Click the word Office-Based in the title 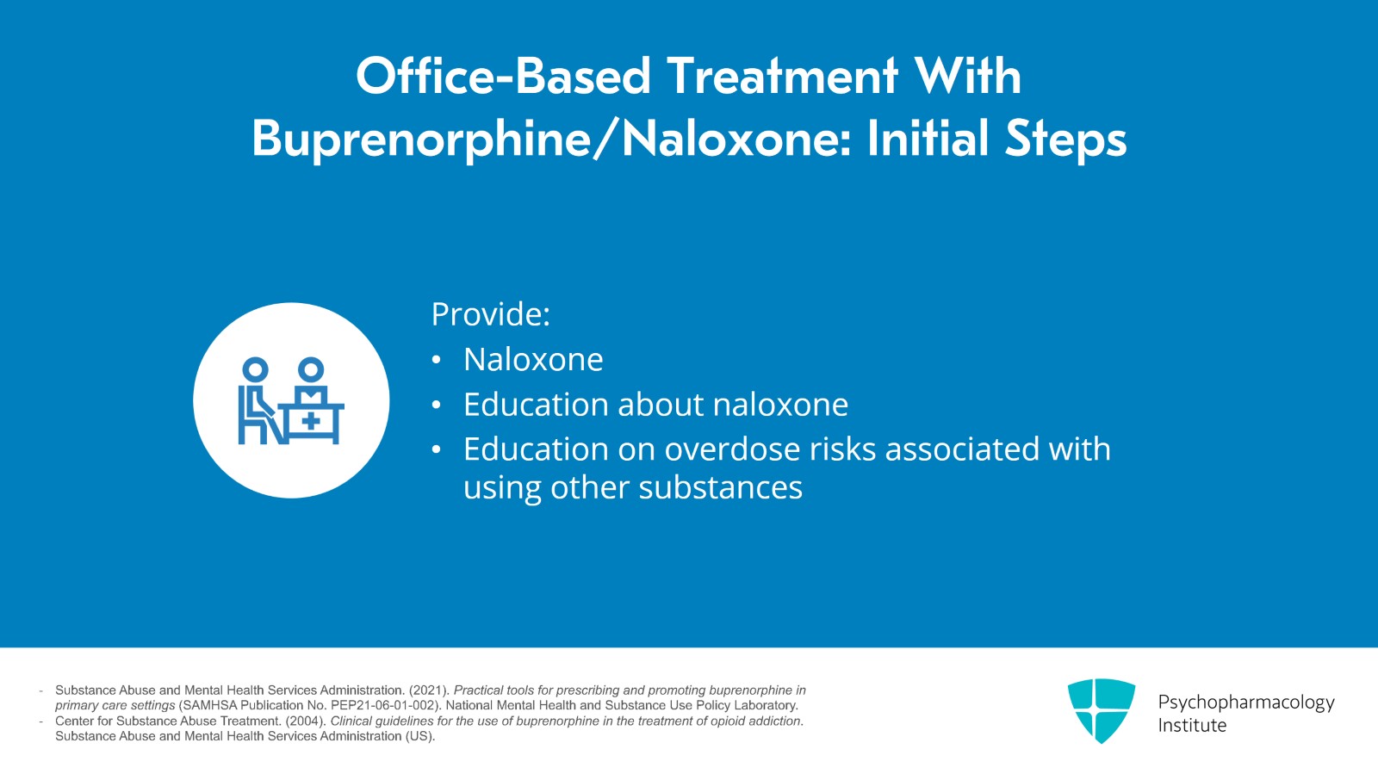pyautogui.click(x=503, y=77)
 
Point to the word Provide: pyautogui.click(x=490, y=314)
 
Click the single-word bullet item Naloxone pyautogui.click(x=533, y=359)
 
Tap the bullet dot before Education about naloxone pyautogui.click(x=436, y=406)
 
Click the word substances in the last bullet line pyautogui.click(x=720, y=487)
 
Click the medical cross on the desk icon pyautogui.click(x=311, y=422)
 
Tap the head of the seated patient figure pyautogui.click(x=255, y=370)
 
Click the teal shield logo pyautogui.click(x=1102, y=710)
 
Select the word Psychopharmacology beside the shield pyautogui.click(x=1246, y=703)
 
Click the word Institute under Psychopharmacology pyautogui.click(x=1192, y=726)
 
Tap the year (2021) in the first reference pyautogui.click(x=429, y=690)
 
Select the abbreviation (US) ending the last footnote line pyautogui.click(x=419, y=736)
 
